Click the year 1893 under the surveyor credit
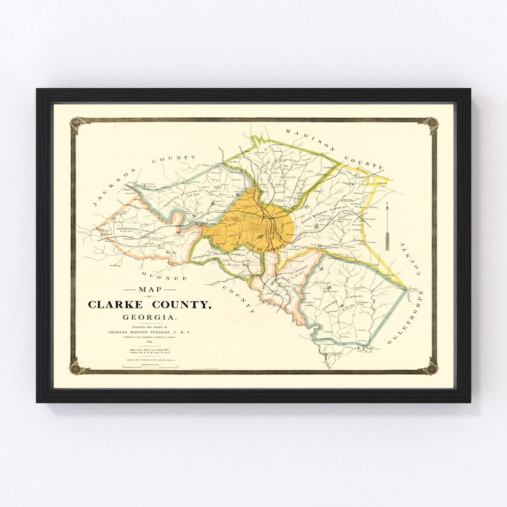[149, 342]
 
